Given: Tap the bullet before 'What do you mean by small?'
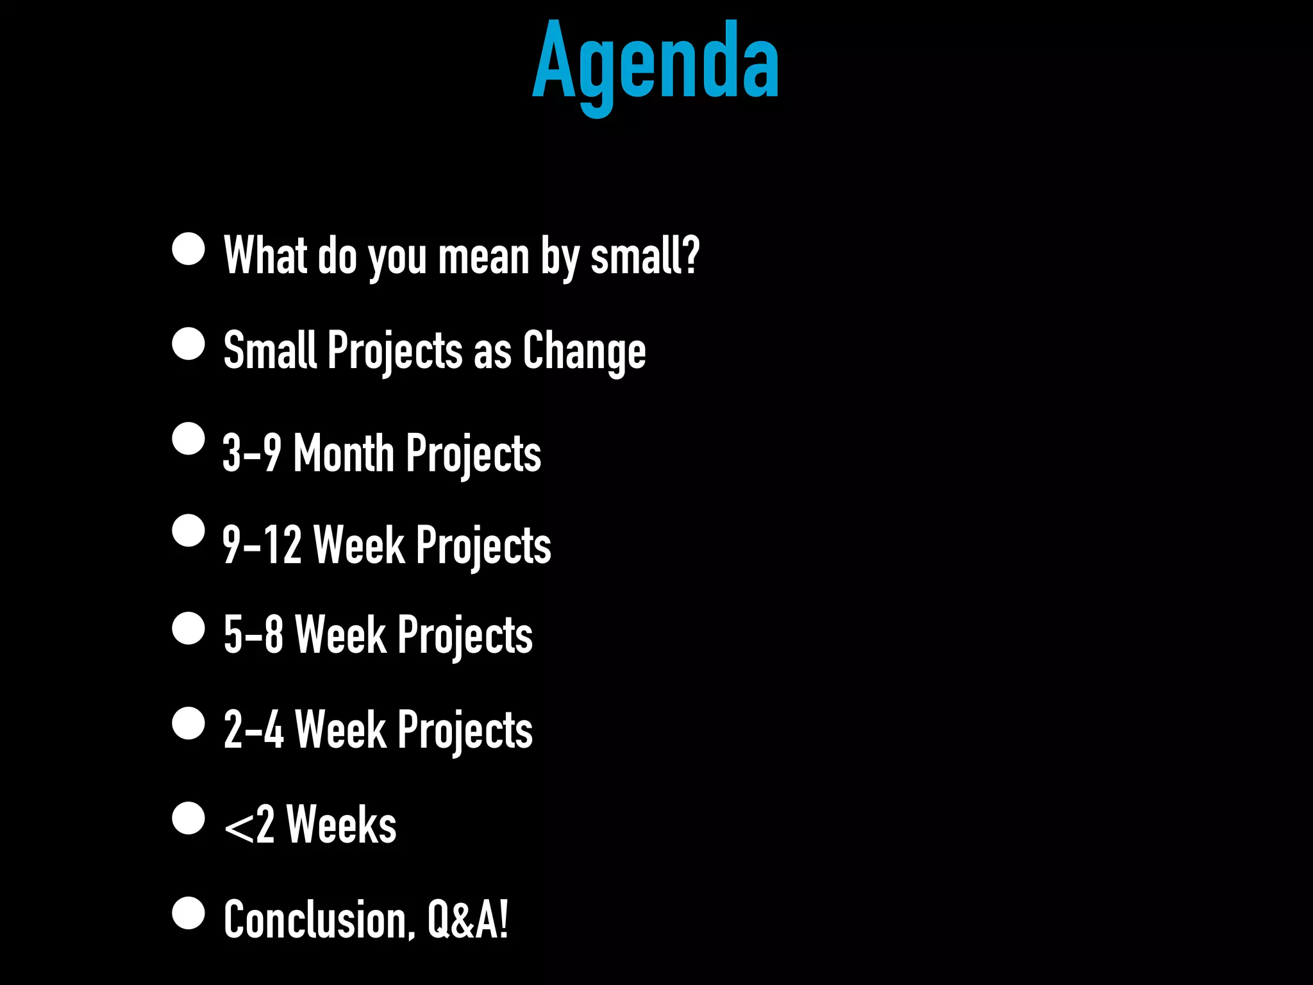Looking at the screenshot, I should click(188, 249).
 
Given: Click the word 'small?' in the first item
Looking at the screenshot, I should click(644, 256).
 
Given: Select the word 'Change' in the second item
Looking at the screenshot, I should click(584, 351).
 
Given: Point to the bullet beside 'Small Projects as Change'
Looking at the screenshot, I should click(188, 344).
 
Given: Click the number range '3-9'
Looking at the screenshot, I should click(252, 453).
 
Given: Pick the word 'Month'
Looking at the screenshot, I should click(344, 453).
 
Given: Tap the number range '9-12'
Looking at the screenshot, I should click(262, 545).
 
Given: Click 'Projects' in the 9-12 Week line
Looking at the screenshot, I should click(483, 546).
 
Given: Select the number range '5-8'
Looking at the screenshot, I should click(253, 635).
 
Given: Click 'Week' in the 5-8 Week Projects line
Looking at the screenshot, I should click(340, 635).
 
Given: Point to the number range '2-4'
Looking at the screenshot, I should click(253, 730).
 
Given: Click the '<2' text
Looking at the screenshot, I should click(249, 825).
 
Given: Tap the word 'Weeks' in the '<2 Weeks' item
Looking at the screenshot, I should click(341, 825).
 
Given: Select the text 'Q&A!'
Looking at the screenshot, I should click(467, 920).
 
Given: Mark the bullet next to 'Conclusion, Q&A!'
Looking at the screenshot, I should click(188, 913).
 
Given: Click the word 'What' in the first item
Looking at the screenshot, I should click(265, 256).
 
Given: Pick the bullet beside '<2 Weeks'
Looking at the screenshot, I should click(188, 818).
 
